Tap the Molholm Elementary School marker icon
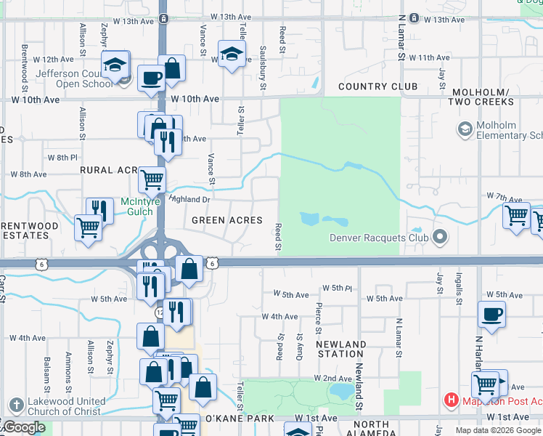pos(464,129)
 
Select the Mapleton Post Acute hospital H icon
pos(451,400)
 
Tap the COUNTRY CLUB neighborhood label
pos(377,86)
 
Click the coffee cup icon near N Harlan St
pos(491,315)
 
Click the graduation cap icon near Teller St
pos(232,55)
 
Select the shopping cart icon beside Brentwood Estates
pos(88,227)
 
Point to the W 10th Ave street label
pos(195,98)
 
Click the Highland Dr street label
pos(189,198)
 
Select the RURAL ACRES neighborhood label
pos(107,169)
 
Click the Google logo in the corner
pos(24,427)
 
